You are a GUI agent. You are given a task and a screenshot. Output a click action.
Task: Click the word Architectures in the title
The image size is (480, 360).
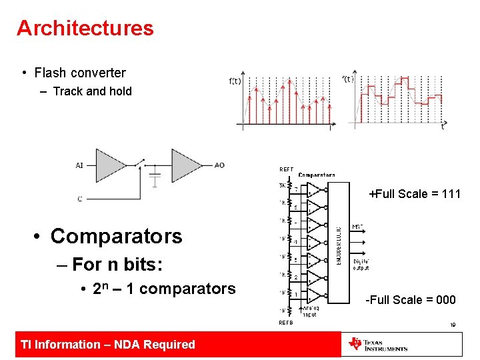85,28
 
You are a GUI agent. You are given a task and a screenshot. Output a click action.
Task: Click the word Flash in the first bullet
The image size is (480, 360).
51,73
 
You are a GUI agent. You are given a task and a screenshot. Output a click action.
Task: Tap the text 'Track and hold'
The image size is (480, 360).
92,91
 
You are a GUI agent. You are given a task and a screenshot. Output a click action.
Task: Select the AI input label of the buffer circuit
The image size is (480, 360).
80,165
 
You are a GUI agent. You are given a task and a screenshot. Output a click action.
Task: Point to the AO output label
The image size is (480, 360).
219,165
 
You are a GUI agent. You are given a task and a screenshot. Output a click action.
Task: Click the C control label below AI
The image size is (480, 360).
80,198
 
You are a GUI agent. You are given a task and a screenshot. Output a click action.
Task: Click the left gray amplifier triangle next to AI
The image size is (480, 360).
110,165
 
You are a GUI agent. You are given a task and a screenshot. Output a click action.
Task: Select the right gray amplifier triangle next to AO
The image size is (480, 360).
186,165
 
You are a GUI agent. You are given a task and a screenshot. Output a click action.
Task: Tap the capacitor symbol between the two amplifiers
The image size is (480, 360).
155,179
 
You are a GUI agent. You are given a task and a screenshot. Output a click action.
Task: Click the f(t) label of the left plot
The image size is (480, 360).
235,81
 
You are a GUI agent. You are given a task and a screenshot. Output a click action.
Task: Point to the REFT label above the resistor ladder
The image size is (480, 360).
286,169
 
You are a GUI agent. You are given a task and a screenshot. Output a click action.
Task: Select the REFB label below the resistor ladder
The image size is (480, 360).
285,323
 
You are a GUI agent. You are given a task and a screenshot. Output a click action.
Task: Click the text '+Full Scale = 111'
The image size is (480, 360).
415,194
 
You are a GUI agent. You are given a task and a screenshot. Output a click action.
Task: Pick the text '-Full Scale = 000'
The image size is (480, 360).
411,300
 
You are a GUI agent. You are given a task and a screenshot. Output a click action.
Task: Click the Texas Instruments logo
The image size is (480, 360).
378,344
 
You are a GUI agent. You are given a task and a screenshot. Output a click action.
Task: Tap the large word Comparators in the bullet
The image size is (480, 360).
116,236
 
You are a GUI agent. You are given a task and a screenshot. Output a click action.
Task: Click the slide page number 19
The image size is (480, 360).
451,326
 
